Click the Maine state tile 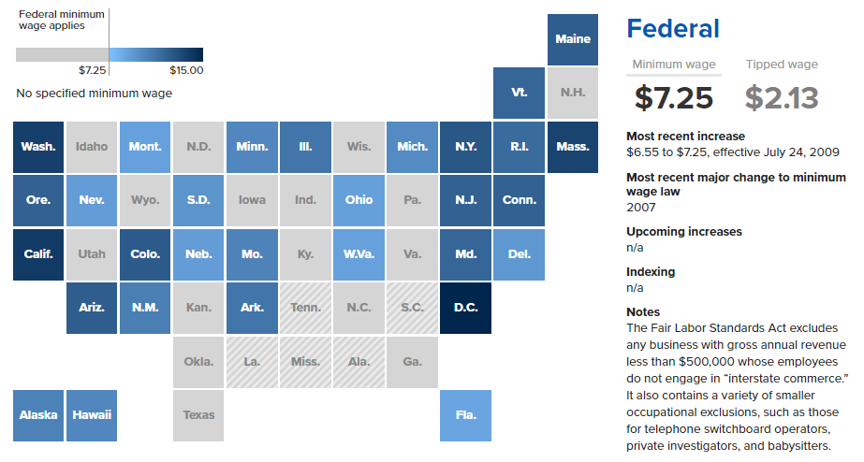[572, 39]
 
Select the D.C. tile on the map [465, 307]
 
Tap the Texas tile [198, 414]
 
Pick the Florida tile [465, 414]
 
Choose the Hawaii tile [92, 414]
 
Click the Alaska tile [38, 414]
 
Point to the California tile [38, 253]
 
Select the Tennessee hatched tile [305, 307]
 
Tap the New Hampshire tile [572, 93]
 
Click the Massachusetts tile [572, 146]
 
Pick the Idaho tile [92, 146]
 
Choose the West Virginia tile [359, 253]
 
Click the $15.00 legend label [186, 70]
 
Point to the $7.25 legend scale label [93, 70]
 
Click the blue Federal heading [672, 29]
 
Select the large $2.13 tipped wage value [782, 98]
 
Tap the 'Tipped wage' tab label [782, 65]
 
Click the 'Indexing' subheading [651, 272]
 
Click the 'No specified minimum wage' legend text [94, 94]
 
